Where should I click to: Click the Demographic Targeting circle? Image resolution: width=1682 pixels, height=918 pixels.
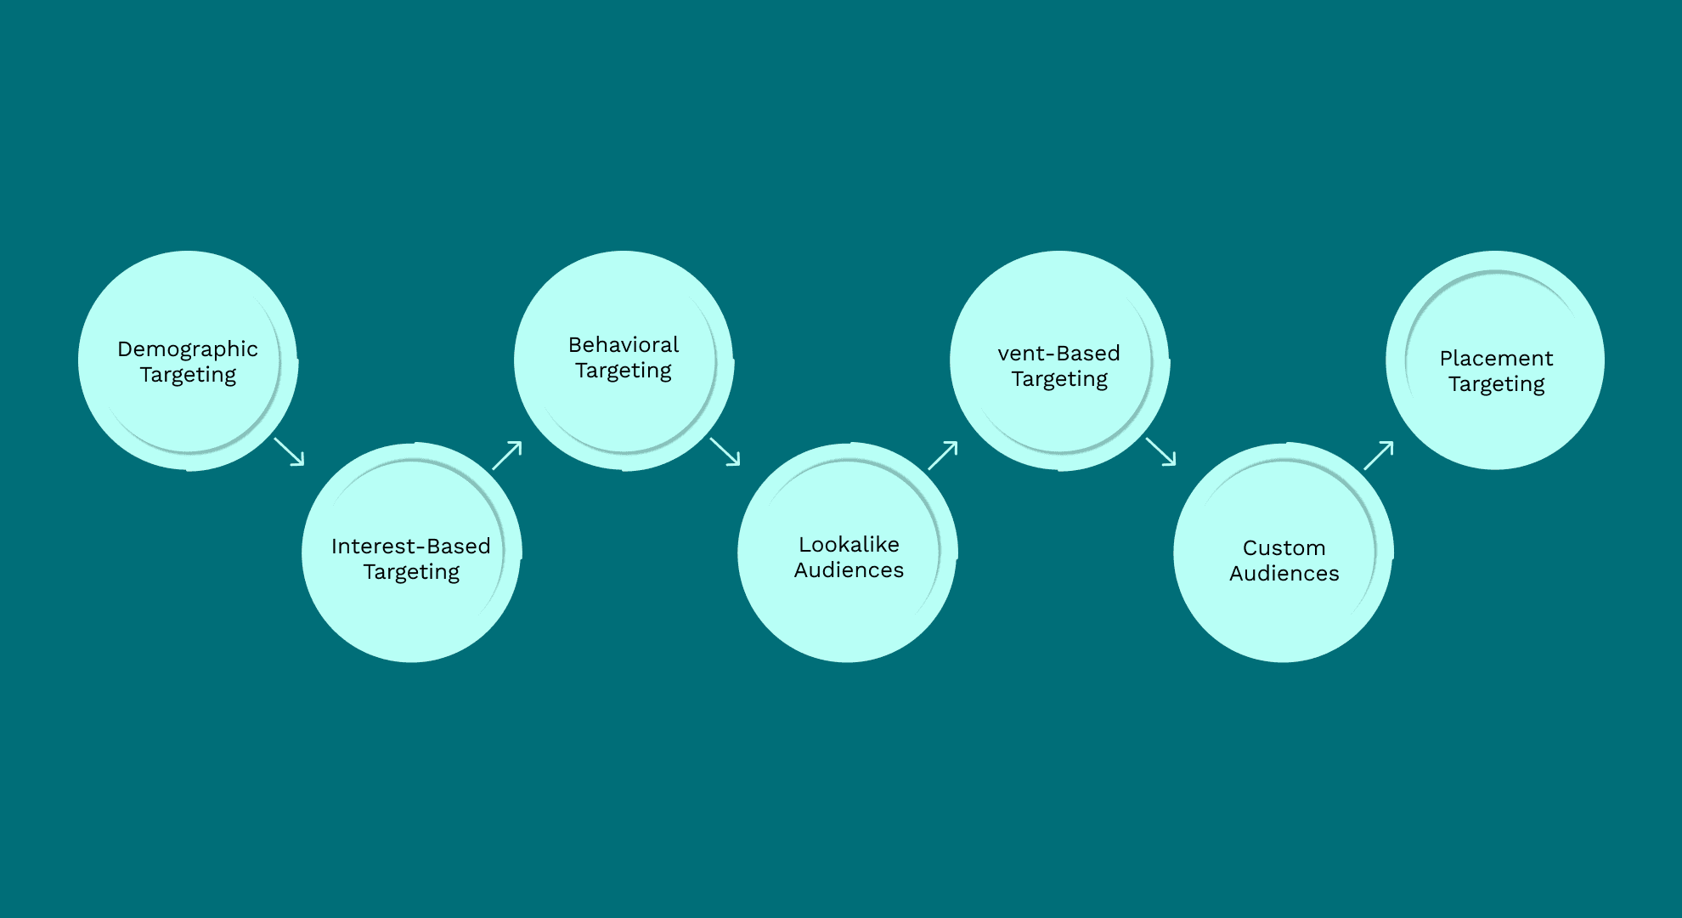(188, 360)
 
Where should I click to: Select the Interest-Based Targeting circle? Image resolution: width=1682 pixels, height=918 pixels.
(411, 552)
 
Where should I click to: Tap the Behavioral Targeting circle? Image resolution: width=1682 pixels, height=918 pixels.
(624, 360)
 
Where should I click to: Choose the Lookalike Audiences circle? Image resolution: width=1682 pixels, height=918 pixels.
(848, 552)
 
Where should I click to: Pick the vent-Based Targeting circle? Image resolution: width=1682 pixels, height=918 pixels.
(1059, 360)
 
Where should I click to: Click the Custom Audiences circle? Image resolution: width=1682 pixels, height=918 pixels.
(1284, 552)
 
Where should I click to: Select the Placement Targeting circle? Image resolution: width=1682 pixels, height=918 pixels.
(1495, 360)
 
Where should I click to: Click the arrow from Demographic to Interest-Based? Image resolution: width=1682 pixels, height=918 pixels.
(289, 451)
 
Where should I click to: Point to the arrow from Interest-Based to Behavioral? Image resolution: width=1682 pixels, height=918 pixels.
(507, 455)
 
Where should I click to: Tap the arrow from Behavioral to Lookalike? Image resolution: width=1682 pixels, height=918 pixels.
(725, 451)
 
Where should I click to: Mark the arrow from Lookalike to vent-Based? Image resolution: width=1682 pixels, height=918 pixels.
(943, 455)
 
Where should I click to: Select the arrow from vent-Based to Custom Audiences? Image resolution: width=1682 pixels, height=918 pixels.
(1160, 451)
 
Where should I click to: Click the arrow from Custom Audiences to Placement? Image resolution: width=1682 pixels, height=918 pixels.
(1379, 455)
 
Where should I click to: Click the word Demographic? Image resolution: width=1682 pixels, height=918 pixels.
(188, 349)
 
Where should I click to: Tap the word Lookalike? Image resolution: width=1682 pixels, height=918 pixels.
(849, 544)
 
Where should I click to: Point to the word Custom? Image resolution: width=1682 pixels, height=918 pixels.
(1284, 547)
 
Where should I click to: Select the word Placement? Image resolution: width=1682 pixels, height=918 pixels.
(1496, 358)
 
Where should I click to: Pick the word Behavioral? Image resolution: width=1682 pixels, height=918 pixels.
(624, 344)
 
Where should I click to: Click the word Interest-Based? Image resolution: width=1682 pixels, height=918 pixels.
(411, 546)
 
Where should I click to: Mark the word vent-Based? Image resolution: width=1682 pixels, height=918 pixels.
(1059, 353)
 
